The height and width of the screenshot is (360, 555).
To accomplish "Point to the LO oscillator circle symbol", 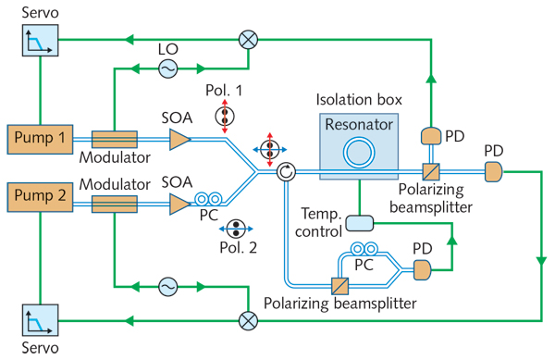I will (168, 68).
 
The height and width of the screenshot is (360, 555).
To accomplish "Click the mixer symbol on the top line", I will (248, 39).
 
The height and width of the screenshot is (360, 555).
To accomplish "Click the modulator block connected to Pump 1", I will (114, 139).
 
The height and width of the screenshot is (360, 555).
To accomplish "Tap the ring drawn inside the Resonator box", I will (354, 154).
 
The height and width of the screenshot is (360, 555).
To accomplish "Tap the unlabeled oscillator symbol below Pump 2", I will (168, 288).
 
